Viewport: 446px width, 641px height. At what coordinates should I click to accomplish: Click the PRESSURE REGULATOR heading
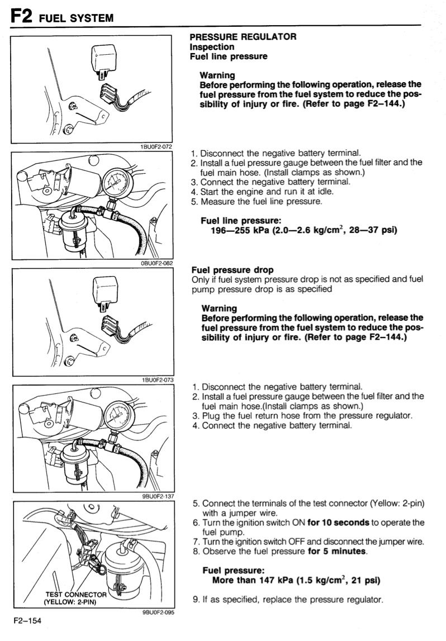(x=243, y=37)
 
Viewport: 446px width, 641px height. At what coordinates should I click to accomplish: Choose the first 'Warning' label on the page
(x=217, y=75)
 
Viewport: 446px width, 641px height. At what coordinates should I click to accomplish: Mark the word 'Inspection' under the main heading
(x=212, y=46)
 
